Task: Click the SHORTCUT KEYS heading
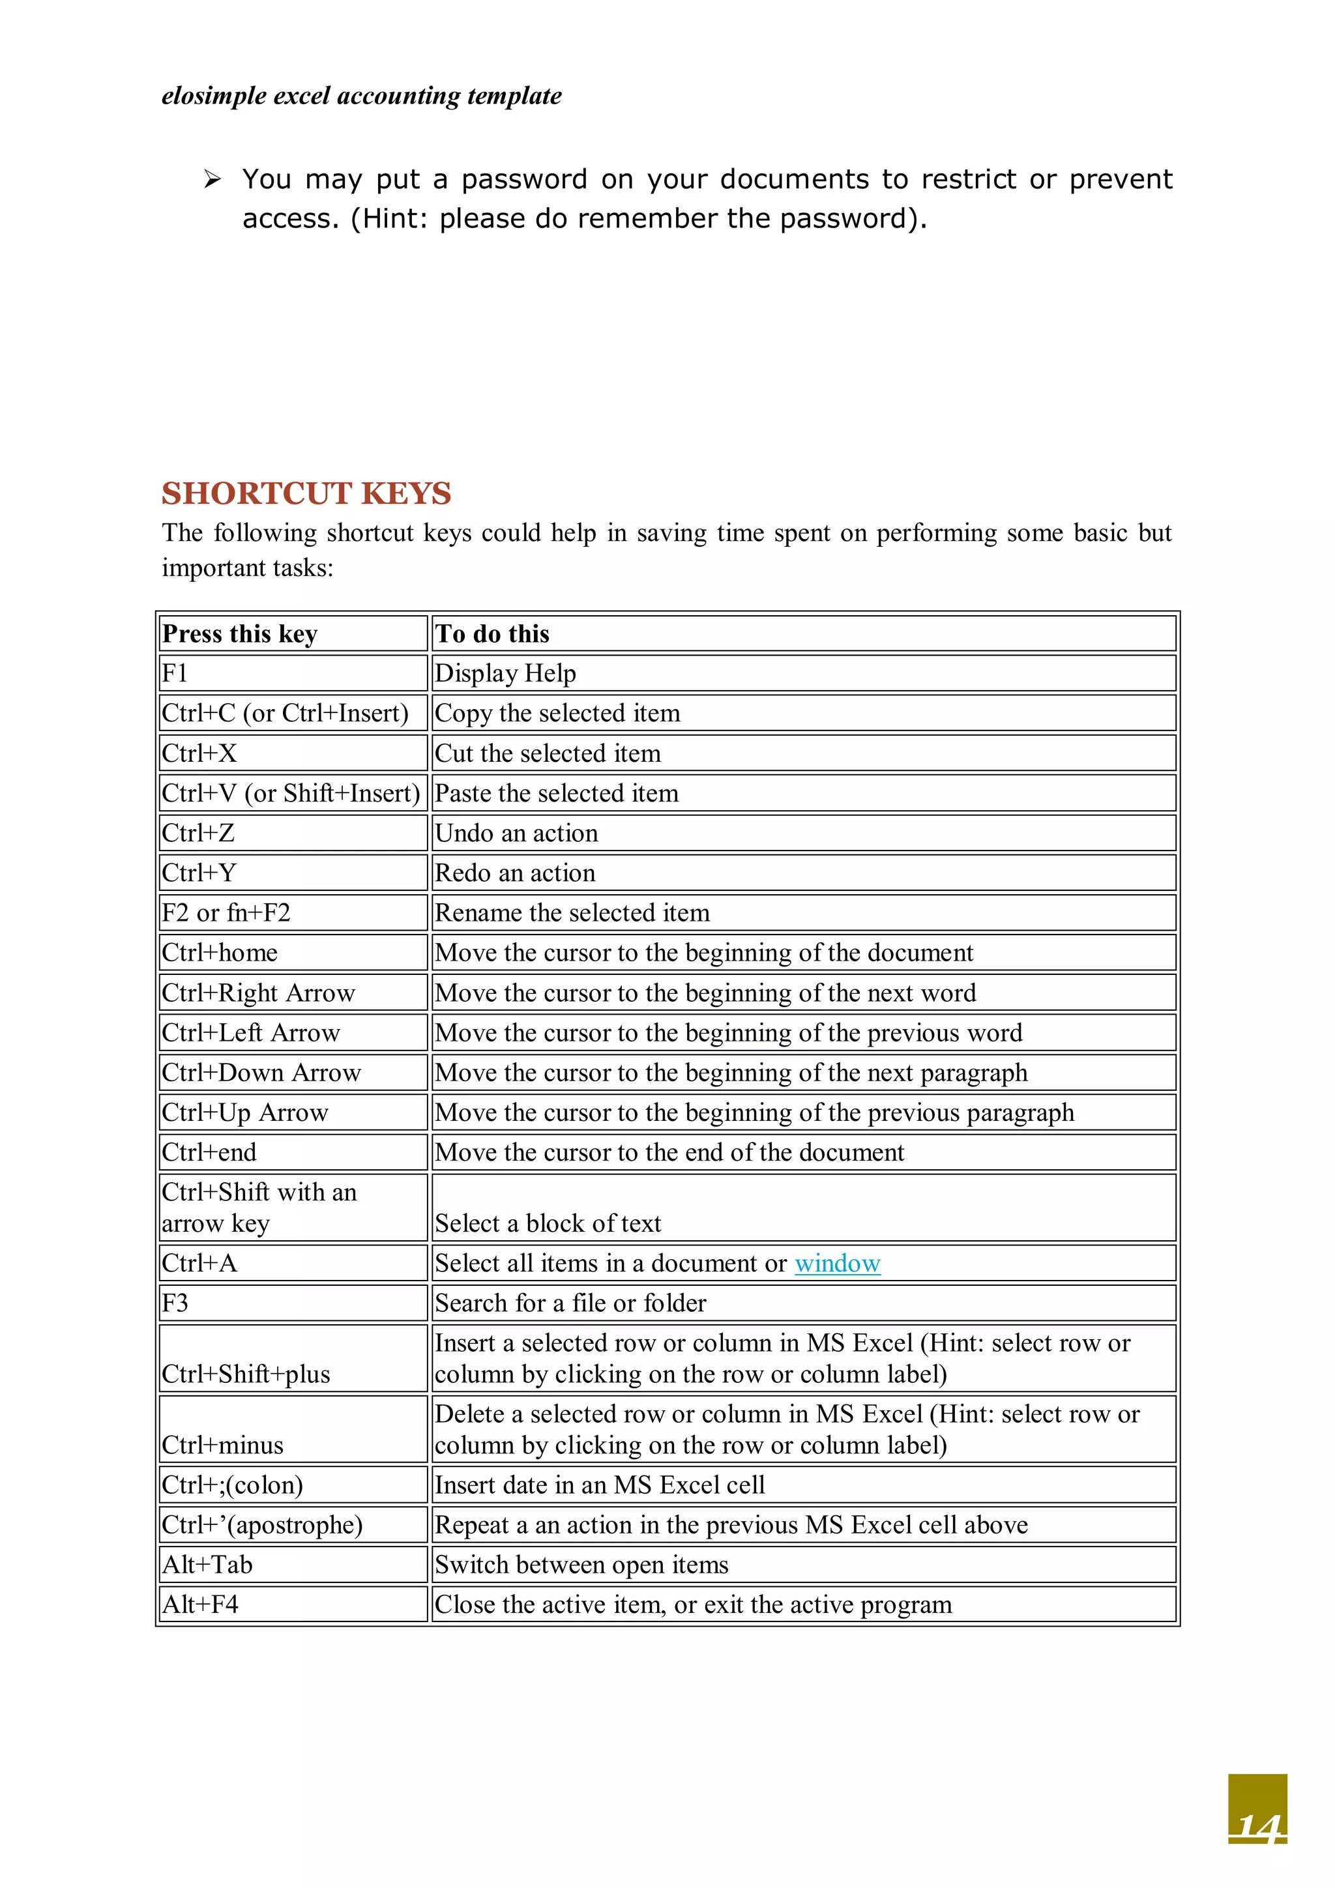[x=306, y=493]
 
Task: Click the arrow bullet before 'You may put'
[x=213, y=179]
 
